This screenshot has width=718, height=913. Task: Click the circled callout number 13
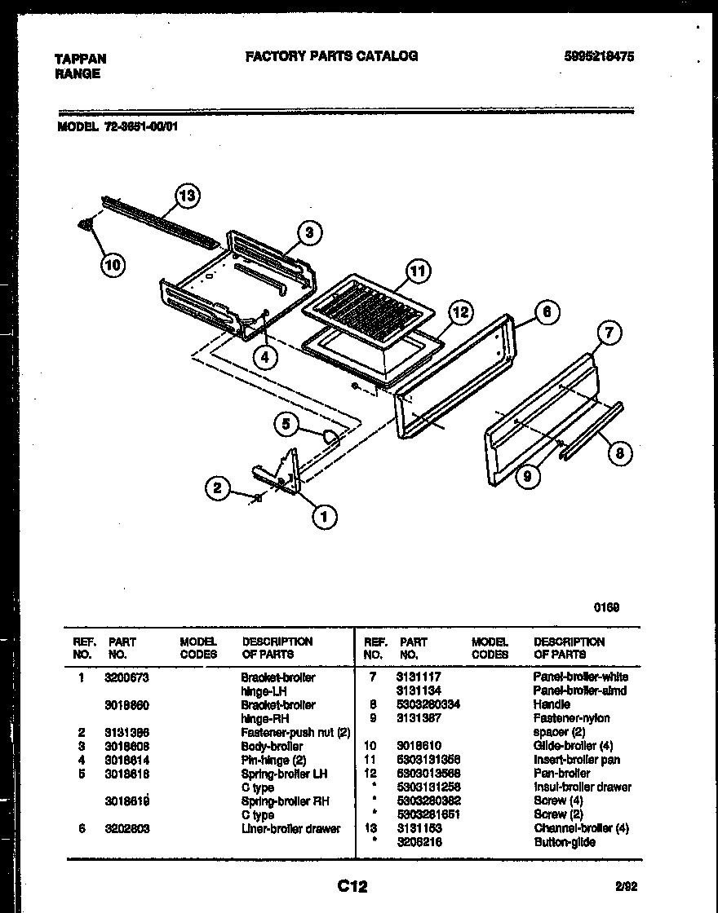coord(188,196)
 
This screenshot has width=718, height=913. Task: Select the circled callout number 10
coord(113,264)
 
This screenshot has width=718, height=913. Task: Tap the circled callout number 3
coord(309,233)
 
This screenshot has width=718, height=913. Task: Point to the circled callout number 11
coord(419,271)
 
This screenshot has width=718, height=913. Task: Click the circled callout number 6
coord(547,311)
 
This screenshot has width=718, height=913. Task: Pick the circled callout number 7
coord(609,332)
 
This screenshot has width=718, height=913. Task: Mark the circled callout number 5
coord(286,423)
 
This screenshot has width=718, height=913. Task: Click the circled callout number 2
coord(217,488)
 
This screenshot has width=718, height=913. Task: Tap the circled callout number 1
coord(324,515)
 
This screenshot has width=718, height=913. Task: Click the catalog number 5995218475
coord(599,56)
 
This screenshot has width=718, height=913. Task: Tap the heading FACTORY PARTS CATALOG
coord(331,55)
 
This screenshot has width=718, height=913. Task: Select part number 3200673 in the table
coord(126,677)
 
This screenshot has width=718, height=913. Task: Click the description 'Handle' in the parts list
coord(552,704)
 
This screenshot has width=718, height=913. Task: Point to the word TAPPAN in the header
coord(80,59)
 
